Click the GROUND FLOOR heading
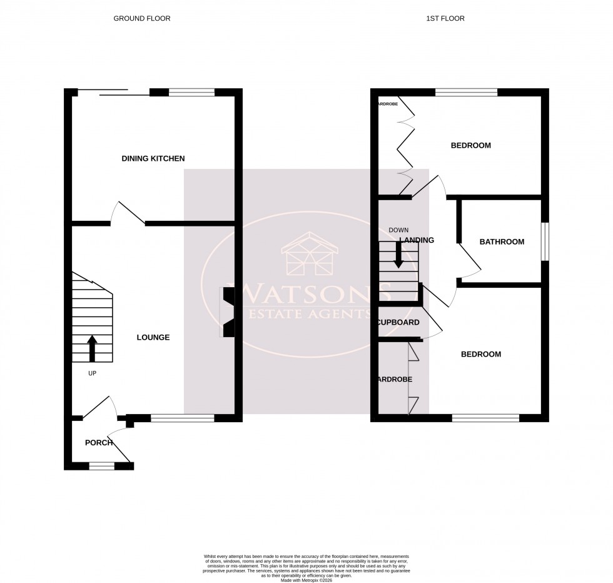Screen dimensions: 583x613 [x=141, y=19]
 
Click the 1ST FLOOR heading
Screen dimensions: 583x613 [x=445, y=19]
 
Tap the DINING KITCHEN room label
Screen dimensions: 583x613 [x=153, y=159]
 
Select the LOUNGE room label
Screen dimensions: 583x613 [x=153, y=338]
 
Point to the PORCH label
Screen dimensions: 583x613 [x=99, y=443]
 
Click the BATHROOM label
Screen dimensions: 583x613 [x=502, y=242]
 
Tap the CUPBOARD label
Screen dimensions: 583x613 [x=398, y=323]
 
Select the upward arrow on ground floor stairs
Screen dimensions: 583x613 [x=92, y=348]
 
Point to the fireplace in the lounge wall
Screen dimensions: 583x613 [x=228, y=312]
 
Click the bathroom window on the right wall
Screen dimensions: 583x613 [x=545, y=241]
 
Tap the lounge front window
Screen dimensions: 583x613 [x=182, y=418]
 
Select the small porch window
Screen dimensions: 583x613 [x=101, y=465]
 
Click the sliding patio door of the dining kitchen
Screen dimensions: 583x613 [x=113, y=93]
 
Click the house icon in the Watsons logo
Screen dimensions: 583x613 [x=310, y=254]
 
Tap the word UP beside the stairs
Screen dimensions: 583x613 [x=92, y=373]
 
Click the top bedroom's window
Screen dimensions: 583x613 [x=466, y=93]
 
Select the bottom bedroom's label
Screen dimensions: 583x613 [x=480, y=355]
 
